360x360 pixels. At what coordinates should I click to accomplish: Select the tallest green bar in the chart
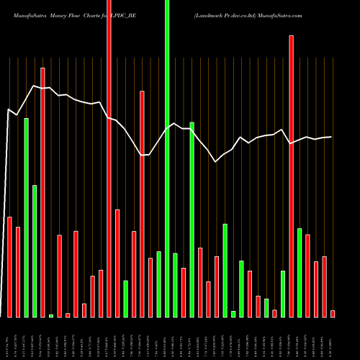(167, 158)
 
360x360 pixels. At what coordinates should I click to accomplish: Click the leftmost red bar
(10, 266)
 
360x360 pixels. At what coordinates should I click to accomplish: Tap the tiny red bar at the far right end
(333, 313)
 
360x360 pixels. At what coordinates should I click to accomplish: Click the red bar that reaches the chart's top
(109, 158)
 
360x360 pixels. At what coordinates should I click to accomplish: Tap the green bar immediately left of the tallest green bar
(158, 284)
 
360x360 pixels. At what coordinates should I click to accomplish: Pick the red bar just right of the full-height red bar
(117, 263)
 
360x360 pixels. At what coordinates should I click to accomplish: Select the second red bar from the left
(18, 271)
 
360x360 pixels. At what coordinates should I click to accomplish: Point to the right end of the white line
(331, 137)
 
